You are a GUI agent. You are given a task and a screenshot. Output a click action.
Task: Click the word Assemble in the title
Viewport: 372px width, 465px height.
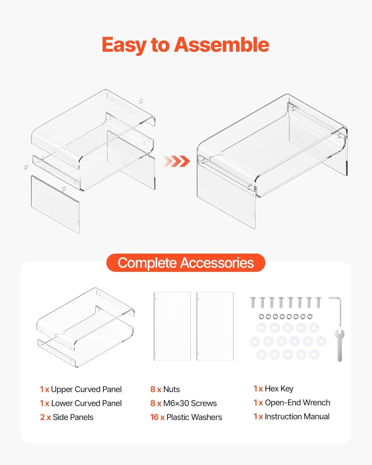pyautogui.click(x=222, y=45)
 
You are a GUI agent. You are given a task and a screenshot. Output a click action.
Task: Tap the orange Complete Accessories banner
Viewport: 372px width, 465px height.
pyautogui.click(x=186, y=263)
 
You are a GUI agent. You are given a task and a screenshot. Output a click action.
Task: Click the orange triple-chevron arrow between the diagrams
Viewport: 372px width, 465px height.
pyautogui.click(x=176, y=161)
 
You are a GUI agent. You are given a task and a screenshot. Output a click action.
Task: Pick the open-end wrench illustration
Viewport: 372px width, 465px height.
pyautogui.click(x=339, y=345)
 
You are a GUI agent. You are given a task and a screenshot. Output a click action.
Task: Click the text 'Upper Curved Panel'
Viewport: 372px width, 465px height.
pyautogui.click(x=86, y=389)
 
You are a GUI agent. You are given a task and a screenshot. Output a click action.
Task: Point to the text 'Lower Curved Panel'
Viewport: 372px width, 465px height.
pyautogui.click(x=86, y=403)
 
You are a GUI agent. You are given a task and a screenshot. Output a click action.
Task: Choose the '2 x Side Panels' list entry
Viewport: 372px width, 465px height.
pyautogui.click(x=67, y=417)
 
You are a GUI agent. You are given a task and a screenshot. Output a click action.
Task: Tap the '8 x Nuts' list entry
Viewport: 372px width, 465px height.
pyautogui.click(x=165, y=389)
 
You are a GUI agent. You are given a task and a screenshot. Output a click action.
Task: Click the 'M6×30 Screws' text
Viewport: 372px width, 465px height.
pyautogui.click(x=190, y=403)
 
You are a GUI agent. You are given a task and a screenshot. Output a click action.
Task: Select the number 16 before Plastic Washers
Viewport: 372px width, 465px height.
pyautogui.click(x=154, y=417)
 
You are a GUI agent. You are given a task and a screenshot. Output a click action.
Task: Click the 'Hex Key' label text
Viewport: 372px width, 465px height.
pyautogui.click(x=279, y=389)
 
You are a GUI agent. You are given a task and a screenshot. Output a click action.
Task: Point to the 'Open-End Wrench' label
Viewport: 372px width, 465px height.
pyautogui.click(x=297, y=403)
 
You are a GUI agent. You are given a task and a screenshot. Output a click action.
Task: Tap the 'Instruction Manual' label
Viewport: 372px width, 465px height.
pyautogui.click(x=297, y=416)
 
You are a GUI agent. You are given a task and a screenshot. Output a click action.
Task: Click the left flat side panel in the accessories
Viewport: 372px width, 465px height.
pyautogui.click(x=172, y=326)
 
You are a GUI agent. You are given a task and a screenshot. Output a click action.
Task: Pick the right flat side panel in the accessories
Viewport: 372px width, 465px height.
pyautogui.click(x=215, y=326)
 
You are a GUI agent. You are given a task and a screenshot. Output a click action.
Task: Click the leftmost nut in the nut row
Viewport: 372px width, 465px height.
pyautogui.click(x=262, y=317)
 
